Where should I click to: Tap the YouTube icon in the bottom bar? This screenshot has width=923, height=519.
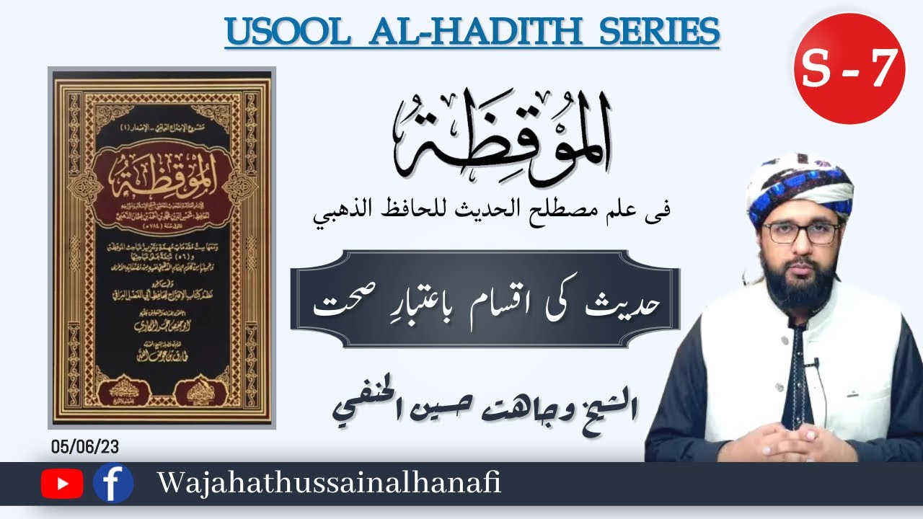(62, 484)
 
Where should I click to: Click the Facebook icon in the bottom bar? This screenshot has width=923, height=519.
(113, 483)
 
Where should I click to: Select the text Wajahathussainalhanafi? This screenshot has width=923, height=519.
(328, 484)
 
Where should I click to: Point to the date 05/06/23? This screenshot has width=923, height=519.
(85, 447)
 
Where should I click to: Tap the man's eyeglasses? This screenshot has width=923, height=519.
(800, 232)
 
